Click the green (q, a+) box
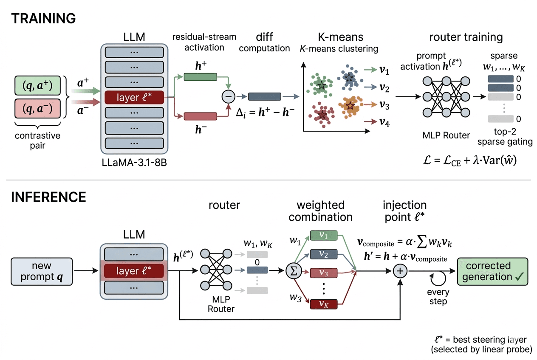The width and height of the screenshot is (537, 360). point(37,87)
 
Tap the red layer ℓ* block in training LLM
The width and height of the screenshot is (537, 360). point(134,98)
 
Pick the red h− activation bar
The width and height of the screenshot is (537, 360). point(200,116)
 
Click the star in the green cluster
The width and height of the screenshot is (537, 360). point(322,86)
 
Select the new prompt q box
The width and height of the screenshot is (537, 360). point(41,271)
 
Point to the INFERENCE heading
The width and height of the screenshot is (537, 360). point(48,197)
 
